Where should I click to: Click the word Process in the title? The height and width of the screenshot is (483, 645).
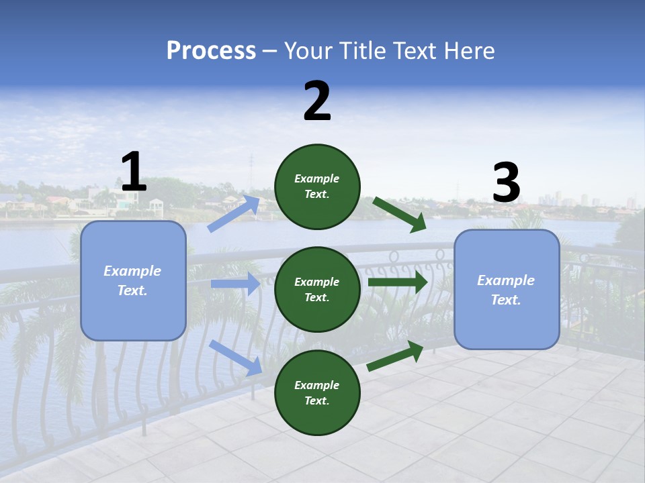coord(211,51)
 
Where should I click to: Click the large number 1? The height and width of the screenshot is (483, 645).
coord(134,172)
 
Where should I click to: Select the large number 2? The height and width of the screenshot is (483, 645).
coord(317,101)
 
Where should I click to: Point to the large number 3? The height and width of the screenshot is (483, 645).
coord(506,182)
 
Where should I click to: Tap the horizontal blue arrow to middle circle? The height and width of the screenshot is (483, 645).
coord(235,284)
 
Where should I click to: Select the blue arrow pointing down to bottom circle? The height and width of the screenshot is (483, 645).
coord(236,357)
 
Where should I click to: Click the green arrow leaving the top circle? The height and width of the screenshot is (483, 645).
coord(399,213)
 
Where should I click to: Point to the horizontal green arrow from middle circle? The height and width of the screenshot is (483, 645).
coord(397,282)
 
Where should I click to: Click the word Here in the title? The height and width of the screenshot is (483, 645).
coord(470,51)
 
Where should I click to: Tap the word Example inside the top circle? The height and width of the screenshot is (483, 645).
coord(317,178)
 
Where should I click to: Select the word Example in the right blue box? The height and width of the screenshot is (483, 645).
coord(506,280)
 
